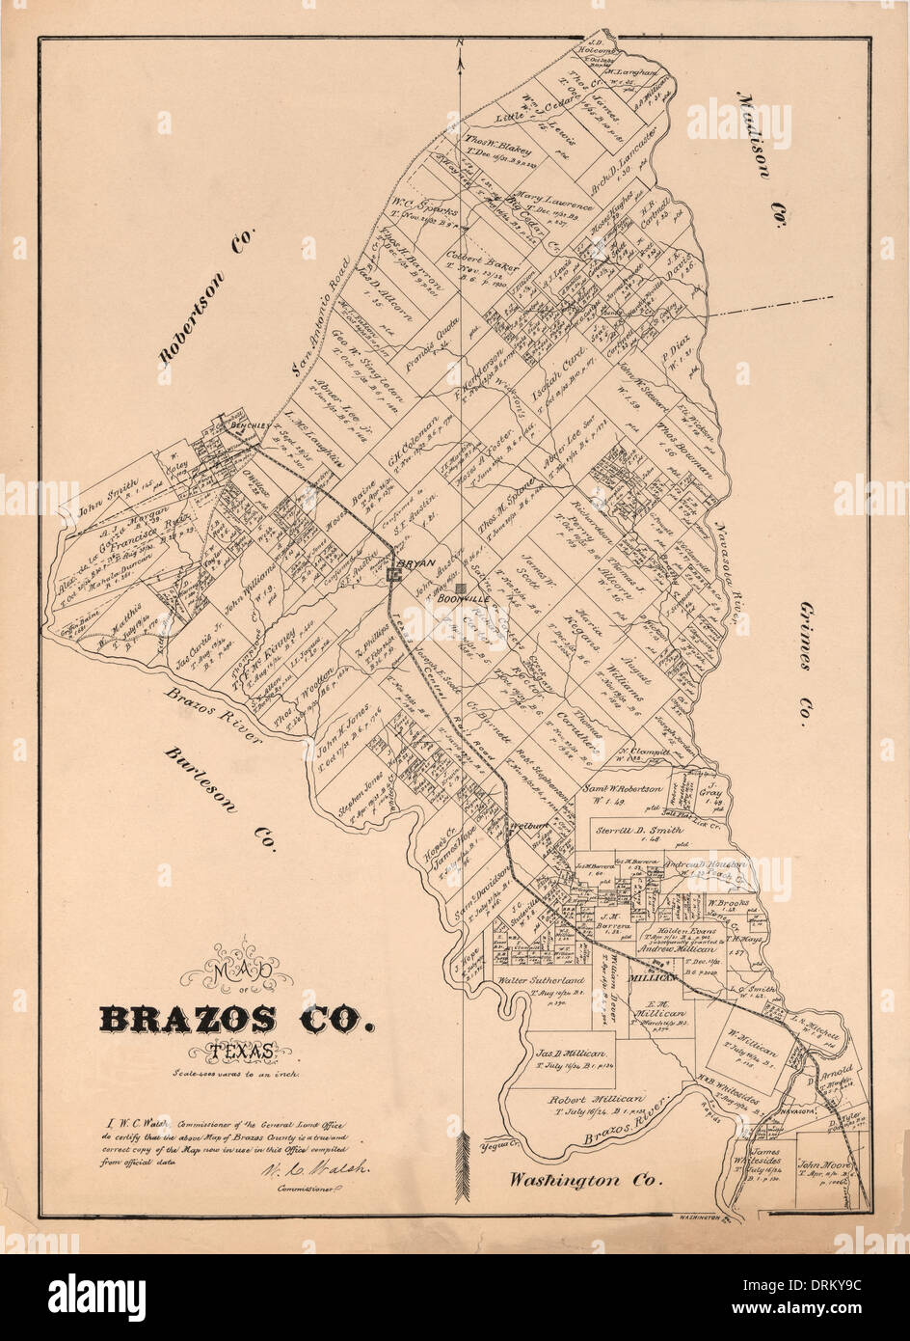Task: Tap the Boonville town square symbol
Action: (x=463, y=588)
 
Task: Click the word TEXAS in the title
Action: (x=243, y=1052)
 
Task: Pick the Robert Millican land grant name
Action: (x=595, y=1099)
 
